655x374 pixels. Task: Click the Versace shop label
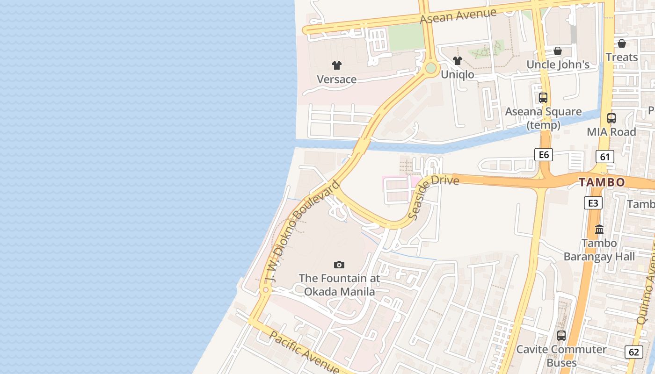pyautogui.click(x=337, y=79)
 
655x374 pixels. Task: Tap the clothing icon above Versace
pyautogui.click(x=337, y=65)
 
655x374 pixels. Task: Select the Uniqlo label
pyautogui.click(x=458, y=74)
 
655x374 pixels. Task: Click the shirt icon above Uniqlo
pyautogui.click(x=458, y=61)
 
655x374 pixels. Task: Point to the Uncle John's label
pyautogui.click(x=558, y=65)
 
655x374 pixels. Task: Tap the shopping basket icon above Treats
pyautogui.click(x=621, y=43)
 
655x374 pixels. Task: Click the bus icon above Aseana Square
pyautogui.click(x=543, y=98)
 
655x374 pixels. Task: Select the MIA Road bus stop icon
pyautogui.click(x=611, y=118)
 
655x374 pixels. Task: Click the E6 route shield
pyautogui.click(x=544, y=155)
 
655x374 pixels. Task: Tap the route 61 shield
pyautogui.click(x=605, y=157)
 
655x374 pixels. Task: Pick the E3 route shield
pyautogui.click(x=593, y=203)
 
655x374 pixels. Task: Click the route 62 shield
pyautogui.click(x=633, y=352)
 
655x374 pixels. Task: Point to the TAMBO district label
pyautogui.click(x=602, y=182)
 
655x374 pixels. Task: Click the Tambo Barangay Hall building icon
pyautogui.click(x=599, y=230)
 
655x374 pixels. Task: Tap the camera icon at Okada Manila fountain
pyautogui.click(x=339, y=265)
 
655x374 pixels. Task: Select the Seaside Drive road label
pyautogui.click(x=433, y=197)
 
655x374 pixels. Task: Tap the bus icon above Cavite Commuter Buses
pyautogui.click(x=561, y=335)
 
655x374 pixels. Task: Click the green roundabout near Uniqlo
pyautogui.click(x=431, y=69)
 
